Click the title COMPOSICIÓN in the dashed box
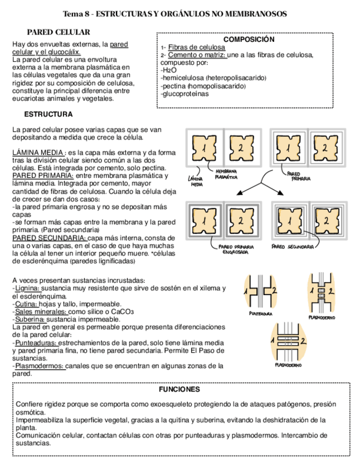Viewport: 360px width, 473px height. [241, 40]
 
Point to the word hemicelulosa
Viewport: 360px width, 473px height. [184, 78]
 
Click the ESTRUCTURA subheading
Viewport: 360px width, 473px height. [48, 114]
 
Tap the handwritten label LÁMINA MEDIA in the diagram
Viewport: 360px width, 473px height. [197, 181]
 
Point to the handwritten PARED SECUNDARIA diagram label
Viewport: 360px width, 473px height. [292, 246]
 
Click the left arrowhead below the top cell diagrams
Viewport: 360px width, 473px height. [239, 193]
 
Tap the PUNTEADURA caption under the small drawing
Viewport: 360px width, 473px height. [261, 313]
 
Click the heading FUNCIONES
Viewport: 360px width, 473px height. [179, 389]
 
